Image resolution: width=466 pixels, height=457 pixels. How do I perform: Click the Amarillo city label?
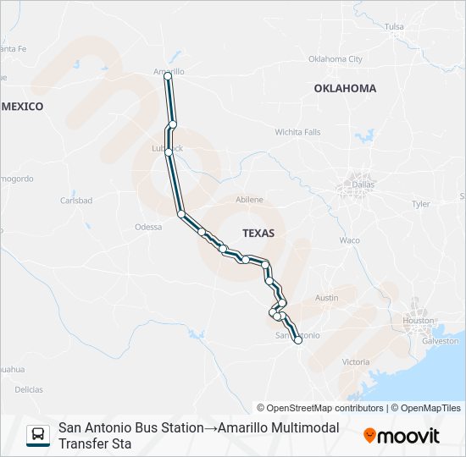169,71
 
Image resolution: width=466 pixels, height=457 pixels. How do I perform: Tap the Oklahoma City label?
335,59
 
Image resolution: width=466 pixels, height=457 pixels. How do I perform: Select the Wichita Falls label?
297,132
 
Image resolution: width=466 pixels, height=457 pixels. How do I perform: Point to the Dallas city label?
363,184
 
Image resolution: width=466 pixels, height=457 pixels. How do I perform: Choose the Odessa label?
147,227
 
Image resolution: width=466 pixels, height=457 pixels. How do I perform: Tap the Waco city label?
349,240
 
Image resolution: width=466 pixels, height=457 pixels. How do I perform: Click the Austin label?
326,298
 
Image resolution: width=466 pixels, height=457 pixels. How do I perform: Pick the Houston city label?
419,321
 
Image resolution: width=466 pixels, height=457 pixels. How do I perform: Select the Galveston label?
439,340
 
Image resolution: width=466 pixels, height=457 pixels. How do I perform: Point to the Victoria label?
356,361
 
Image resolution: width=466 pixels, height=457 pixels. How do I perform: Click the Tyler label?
421,204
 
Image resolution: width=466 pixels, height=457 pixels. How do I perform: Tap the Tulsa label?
394,27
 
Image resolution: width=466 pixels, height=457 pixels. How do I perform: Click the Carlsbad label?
75,201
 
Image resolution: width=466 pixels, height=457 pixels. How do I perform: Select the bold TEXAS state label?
258,232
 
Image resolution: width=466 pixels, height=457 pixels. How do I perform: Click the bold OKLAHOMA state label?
345,88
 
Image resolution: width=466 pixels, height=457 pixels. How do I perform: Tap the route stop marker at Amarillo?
168,77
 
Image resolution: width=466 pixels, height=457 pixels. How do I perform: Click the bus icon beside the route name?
38,435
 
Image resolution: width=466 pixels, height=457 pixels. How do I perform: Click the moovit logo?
402,436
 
